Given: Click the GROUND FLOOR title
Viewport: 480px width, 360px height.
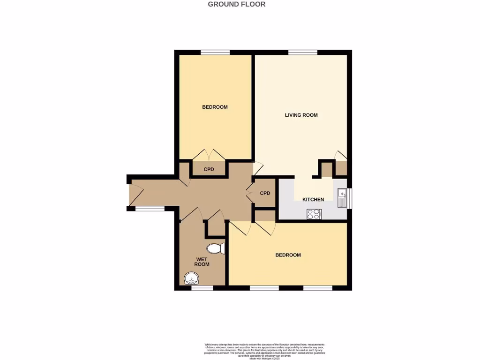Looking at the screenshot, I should [x=236, y=4].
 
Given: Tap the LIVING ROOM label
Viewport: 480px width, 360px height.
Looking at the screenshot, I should [x=301, y=115].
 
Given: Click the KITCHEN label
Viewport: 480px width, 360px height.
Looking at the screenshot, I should [x=313, y=200].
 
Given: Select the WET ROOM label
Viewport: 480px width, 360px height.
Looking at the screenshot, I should [x=202, y=262].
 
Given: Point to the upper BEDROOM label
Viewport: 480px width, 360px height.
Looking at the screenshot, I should [x=215, y=107].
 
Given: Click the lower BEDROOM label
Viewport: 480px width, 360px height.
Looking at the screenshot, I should [x=288, y=255].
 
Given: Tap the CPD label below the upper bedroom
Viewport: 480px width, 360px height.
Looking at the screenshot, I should [x=209, y=170].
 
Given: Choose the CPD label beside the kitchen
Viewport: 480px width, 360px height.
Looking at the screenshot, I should [x=265, y=193].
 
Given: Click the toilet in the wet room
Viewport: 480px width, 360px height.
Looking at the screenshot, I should [x=216, y=248].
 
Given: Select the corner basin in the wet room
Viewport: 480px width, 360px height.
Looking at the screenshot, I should [x=191, y=279].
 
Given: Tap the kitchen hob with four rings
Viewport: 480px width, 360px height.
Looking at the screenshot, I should [x=314, y=214].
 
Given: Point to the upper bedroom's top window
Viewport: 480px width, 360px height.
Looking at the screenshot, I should [x=215, y=52].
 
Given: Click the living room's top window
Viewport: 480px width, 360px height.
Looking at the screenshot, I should [x=302, y=52].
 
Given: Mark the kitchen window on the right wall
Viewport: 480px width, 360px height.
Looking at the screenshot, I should [x=349, y=197].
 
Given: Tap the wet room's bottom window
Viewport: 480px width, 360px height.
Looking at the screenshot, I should [x=202, y=288].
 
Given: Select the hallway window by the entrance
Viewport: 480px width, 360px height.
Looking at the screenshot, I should [x=150, y=208].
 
